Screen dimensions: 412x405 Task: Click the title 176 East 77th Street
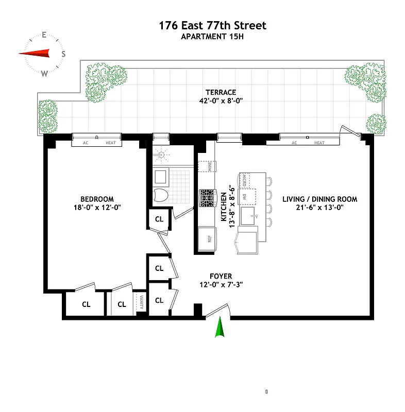(x=213, y=25)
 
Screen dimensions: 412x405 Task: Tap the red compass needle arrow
(x=35, y=53)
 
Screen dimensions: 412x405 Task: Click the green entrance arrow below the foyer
(x=220, y=328)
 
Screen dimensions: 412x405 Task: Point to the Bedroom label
(x=97, y=199)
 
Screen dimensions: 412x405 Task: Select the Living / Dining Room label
(x=319, y=199)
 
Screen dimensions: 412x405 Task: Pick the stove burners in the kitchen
(x=207, y=198)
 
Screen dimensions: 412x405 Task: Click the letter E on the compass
(x=44, y=36)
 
